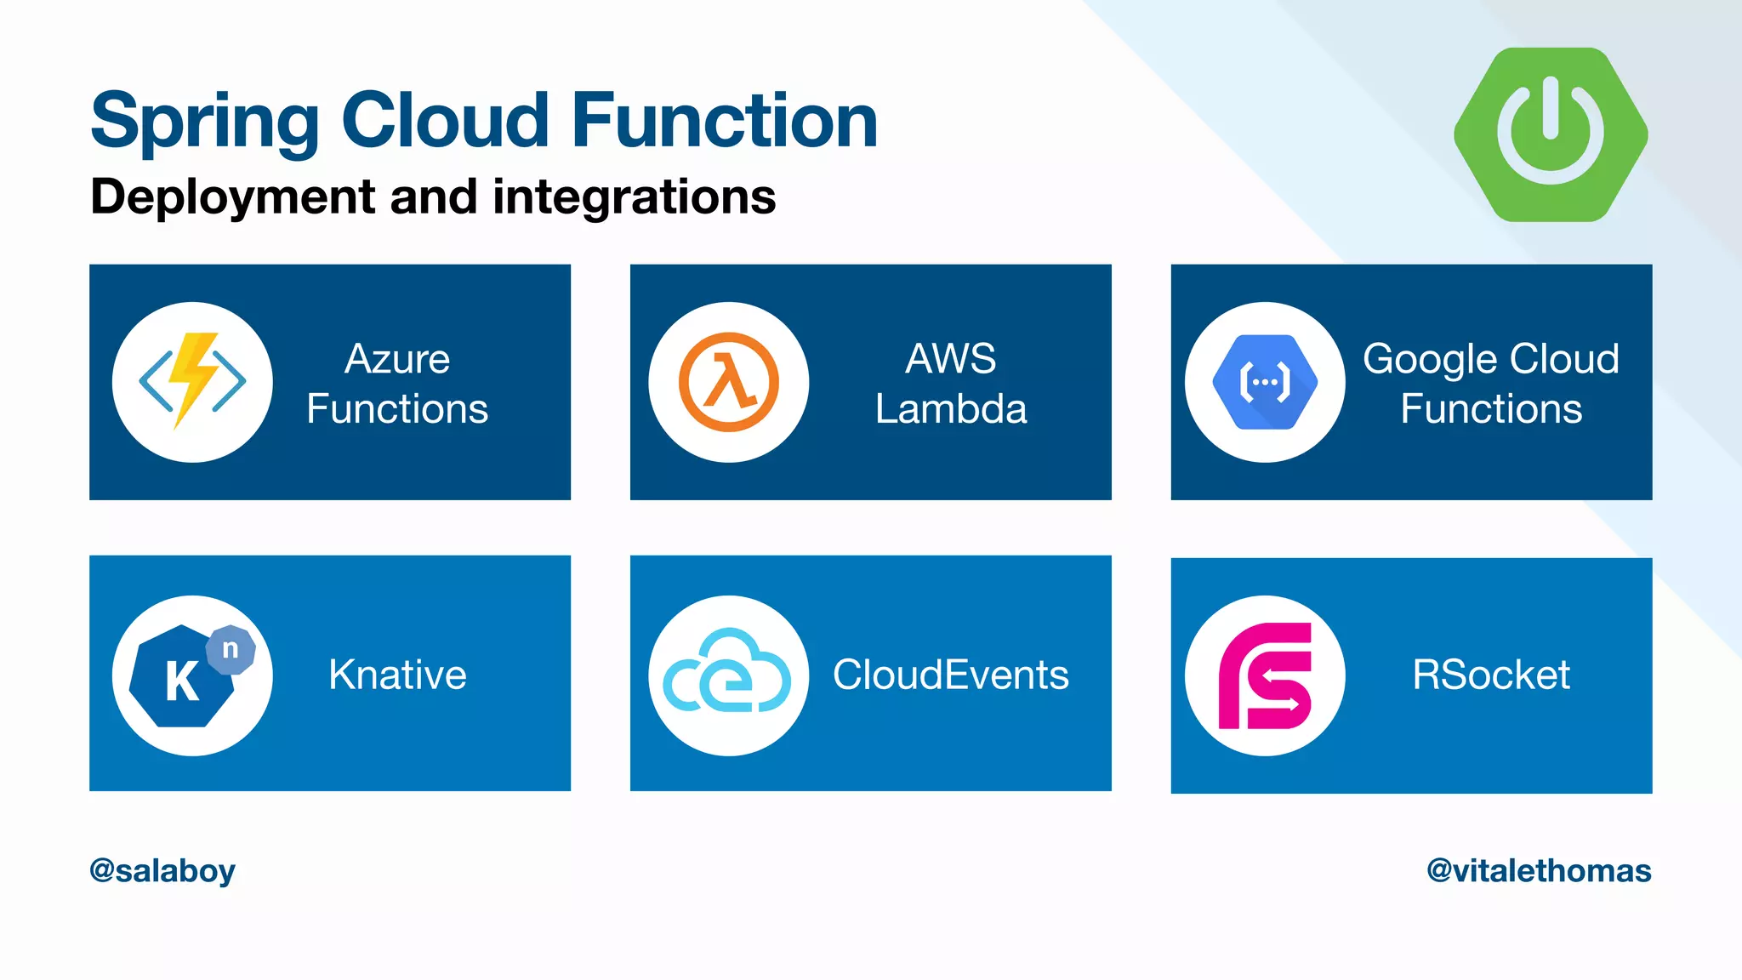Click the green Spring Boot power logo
1551,134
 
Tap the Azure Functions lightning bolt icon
192,381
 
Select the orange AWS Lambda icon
728,382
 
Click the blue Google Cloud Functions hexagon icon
1265,382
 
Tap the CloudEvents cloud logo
728,675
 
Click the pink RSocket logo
1265,675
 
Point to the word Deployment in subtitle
232,197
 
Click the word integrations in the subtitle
634,197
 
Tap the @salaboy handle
162,870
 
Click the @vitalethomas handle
1539,870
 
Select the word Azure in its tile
397,359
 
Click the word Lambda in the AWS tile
951,409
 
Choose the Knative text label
397,675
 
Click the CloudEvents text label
950,675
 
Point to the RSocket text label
1490,675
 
